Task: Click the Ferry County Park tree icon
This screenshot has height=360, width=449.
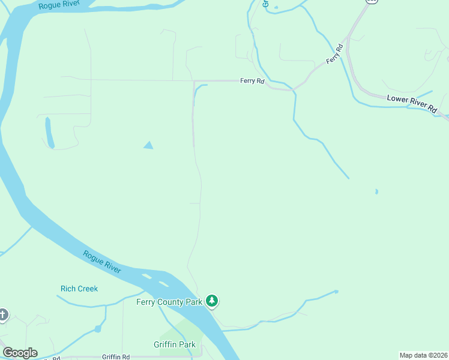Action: click(211, 301)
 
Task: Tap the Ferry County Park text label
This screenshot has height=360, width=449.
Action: click(169, 302)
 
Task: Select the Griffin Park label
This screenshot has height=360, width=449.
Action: click(175, 344)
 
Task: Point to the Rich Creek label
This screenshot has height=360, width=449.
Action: click(79, 289)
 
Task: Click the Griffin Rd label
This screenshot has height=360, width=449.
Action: click(116, 357)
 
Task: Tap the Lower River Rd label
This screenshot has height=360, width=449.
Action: click(412, 103)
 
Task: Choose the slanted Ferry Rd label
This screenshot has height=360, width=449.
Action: click(334, 54)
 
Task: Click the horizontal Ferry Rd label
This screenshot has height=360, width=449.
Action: click(252, 80)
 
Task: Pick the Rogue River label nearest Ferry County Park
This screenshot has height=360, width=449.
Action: click(102, 262)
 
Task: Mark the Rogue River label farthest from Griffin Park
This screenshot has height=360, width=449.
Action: click(59, 5)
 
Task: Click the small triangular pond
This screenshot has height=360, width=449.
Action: click(148, 145)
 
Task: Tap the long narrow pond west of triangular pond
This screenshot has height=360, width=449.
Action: click(49, 132)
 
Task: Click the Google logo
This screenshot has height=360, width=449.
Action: click(20, 353)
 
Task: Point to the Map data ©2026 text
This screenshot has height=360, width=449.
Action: click(423, 355)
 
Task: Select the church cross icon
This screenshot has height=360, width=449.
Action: click(2, 314)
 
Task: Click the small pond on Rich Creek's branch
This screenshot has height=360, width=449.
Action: click(97, 328)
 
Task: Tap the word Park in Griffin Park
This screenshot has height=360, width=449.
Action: click(187, 344)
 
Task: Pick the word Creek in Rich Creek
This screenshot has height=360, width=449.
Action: click(88, 289)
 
